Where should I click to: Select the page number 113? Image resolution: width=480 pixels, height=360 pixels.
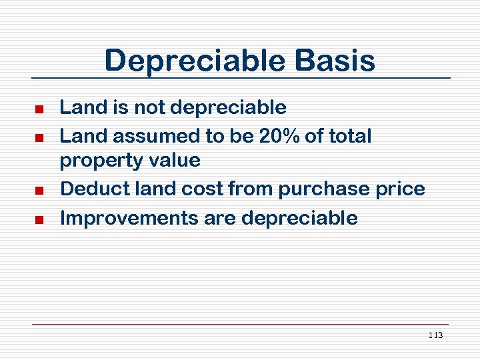pyautogui.click(x=436, y=335)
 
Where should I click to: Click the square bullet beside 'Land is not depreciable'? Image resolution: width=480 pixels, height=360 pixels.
pyautogui.click(x=39, y=109)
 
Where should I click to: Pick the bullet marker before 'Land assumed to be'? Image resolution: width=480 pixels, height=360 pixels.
pyautogui.click(x=39, y=137)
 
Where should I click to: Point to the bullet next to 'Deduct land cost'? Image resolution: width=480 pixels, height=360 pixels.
pyautogui.click(x=39, y=191)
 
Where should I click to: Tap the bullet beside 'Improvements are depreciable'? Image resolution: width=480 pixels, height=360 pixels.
pyautogui.click(x=39, y=219)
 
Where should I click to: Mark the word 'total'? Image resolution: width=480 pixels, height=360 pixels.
pyautogui.click(x=351, y=136)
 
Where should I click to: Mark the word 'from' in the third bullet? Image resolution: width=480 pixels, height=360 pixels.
pyautogui.click(x=250, y=189)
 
